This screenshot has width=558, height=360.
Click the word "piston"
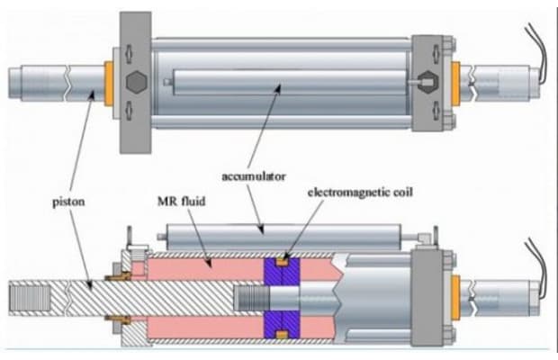pos(68,202)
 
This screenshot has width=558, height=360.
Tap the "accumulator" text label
pos(254,176)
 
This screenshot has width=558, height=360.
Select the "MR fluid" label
pos(182,202)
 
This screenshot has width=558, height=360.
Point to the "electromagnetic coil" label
pos(360,193)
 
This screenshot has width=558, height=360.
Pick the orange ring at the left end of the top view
pos(109,84)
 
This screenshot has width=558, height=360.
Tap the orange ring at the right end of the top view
pos(455,84)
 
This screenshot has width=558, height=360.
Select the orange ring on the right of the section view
pos(455,297)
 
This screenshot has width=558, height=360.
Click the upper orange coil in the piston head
pos(283,263)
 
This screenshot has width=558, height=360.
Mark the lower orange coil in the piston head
pos(283,335)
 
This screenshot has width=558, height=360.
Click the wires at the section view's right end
pos(537,267)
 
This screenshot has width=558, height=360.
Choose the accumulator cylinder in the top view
pos(290,83)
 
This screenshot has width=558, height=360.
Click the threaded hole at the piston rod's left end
pos(30,297)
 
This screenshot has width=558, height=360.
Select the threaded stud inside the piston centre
pos(252,297)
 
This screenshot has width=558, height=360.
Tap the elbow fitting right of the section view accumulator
pos(425,238)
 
